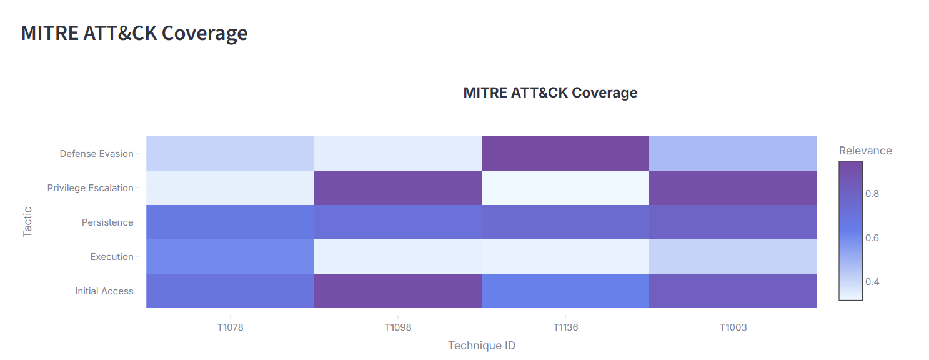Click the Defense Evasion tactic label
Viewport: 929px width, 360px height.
[x=96, y=154]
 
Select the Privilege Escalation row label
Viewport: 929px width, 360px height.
[x=90, y=188]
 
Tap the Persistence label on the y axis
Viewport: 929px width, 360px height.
[x=107, y=222]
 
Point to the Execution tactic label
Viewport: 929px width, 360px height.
[x=112, y=257]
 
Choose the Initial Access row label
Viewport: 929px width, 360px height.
[x=104, y=291]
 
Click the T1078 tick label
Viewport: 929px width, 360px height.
[x=230, y=327]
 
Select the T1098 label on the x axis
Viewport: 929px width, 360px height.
[x=397, y=327]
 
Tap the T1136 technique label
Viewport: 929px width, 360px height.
[x=565, y=327]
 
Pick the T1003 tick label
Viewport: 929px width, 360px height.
[x=733, y=327]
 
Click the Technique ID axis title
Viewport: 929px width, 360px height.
[x=481, y=346]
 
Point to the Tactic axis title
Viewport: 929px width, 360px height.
[x=27, y=222]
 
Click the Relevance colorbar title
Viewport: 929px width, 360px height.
[x=865, y=151]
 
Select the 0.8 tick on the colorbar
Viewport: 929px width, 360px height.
[x=872, y=194]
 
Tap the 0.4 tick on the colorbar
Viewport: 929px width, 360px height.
[x=872, y=282]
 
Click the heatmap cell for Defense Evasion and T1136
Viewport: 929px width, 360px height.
[x=565, y=154]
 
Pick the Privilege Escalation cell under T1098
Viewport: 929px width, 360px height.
[x=397, y=188]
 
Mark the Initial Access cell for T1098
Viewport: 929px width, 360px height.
[x=397, y=291]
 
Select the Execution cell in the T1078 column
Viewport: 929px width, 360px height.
[x=230, y=257]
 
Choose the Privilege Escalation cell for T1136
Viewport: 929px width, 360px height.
[x=565, y=188]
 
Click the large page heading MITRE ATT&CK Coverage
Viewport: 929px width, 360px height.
[x=134, y=33]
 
